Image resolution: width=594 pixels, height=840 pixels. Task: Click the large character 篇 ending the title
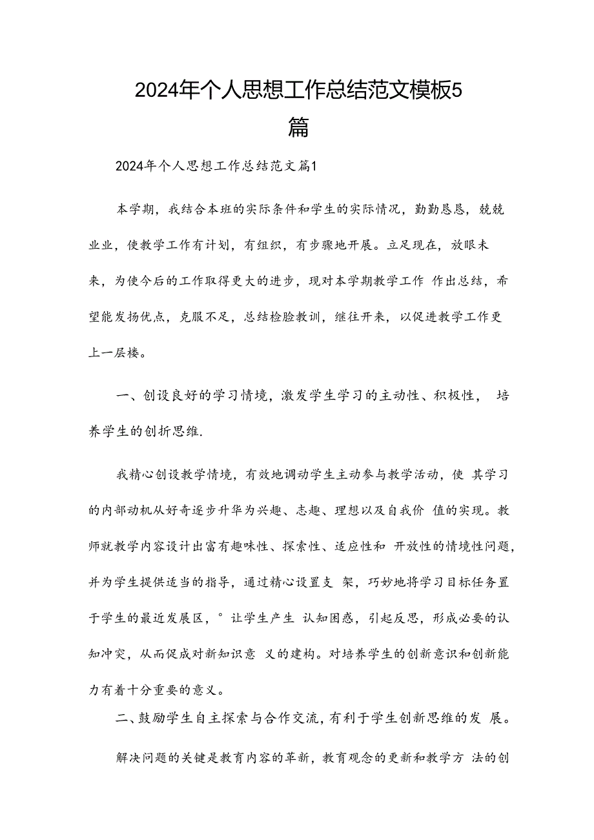298,127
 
